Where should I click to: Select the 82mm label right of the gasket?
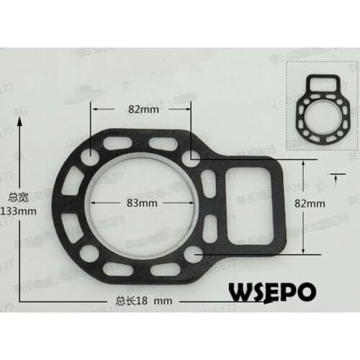[310, 204]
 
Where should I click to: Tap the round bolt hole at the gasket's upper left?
[91, 156]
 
